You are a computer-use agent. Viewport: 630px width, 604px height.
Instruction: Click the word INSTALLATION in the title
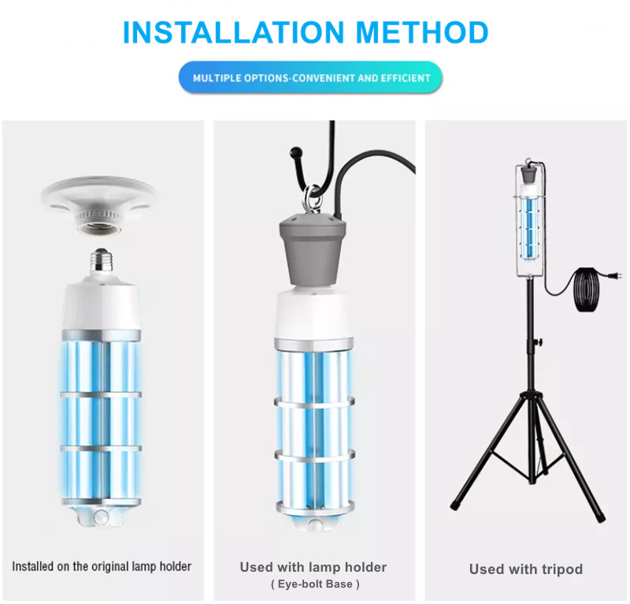[233, 32]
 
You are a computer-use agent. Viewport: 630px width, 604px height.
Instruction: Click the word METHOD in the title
[422, 32]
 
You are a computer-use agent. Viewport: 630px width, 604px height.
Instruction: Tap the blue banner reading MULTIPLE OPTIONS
[310, 77]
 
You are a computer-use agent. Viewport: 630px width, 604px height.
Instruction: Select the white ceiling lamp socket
[99, 205]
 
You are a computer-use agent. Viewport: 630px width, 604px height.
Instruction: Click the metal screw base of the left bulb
[101, 260]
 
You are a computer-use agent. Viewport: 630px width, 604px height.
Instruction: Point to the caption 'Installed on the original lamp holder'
[102, 566]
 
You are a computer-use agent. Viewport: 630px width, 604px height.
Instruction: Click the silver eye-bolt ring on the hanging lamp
[312, 199]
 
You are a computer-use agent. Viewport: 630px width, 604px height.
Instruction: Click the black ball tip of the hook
[296, 152]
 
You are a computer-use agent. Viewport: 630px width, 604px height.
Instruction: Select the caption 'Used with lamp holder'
[313, 567]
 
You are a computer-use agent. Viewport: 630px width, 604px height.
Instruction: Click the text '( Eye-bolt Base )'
[315, 583]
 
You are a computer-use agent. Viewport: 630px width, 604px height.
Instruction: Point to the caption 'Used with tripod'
[526, 569]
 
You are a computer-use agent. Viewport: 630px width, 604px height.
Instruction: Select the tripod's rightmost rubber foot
[600, 517]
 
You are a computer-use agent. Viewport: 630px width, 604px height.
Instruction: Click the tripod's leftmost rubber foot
[455, 505]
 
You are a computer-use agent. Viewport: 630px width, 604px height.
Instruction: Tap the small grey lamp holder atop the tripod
[528, 174]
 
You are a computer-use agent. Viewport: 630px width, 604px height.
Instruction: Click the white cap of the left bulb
[102, 306]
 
